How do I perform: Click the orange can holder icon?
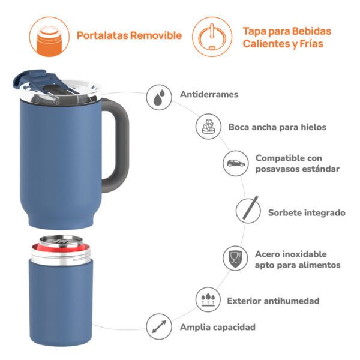tap(49, 37)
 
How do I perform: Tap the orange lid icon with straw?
tap(212, 37)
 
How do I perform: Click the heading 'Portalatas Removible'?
tap(129, 35)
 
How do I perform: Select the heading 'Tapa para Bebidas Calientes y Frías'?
tap(287, 37)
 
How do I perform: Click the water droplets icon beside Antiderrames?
tap(159, 97)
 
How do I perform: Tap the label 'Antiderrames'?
tap(209, 94)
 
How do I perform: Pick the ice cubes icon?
tap(208, 127)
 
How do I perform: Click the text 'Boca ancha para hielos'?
tap(277, 127)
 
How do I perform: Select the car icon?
tap(236, 163)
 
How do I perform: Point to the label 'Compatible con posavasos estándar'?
tap(298, 163)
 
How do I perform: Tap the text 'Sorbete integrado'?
tap(307, 212)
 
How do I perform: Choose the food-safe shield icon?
tap(235, 258)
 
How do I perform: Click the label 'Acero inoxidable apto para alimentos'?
tap(298, 259)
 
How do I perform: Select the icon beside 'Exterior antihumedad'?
tap(208, 299)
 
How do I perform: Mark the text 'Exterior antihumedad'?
tap(273, 301)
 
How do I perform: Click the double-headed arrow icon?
tap(159, 326)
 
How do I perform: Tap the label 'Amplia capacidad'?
tap(218, 327)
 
